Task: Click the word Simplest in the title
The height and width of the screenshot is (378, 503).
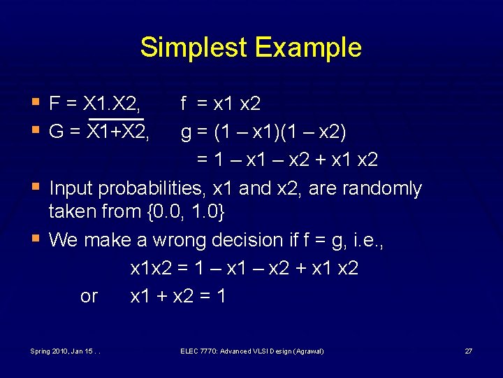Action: [x=194, y=48]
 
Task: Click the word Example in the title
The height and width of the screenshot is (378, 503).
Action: [x=308, y=48]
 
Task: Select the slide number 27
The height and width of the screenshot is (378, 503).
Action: [x=469, y=350]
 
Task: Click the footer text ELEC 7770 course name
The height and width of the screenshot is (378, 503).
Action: [x=251, y=350]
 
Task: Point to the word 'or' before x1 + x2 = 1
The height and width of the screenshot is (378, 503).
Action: [x=89, y=296]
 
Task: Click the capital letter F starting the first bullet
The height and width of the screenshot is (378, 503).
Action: [x=54, y=104]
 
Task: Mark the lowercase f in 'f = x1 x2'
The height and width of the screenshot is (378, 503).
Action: [x=184, y=104]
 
